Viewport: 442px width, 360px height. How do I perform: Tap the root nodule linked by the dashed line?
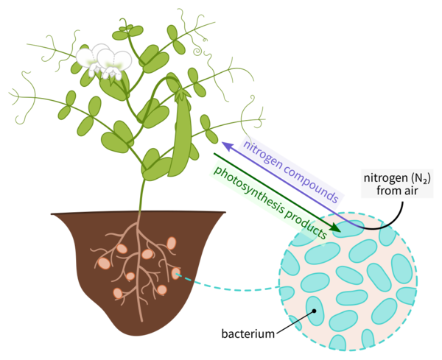[x=176, y=275]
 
